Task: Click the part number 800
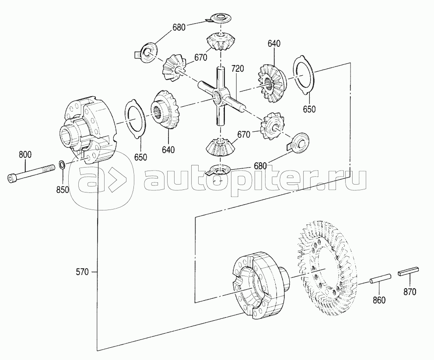coord(25,154)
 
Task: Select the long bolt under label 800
coord(31,173)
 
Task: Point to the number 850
coord(63,190)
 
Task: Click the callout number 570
coord(83,272)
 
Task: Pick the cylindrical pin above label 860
coord(381,278)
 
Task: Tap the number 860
coord(379,300)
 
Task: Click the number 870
coord(409,292)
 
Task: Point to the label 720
coord(238,69)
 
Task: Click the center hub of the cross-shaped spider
coord(219,97)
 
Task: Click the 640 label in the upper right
coord(274,43)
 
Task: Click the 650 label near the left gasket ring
coord(140,157)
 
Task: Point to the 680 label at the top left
coord(179,28)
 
